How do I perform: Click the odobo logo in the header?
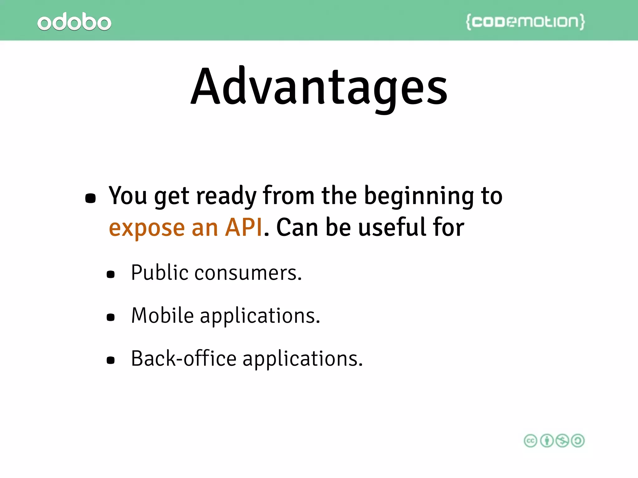pos(74,22)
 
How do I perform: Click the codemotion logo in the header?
pos(525,22)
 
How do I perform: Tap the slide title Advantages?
pos(319,87)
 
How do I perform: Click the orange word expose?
pos(147,228)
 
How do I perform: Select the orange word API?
pos(244,227)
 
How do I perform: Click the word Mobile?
pos(163,316)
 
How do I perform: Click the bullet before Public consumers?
pos(111,274)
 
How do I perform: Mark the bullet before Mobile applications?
pos(111,317)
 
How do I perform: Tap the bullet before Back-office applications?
pos(111,360)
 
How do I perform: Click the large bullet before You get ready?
pos(90,198)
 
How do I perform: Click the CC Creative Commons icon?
pos(531,441)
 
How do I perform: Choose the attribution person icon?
pos(547,441)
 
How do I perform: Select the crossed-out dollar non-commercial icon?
pos(562,441)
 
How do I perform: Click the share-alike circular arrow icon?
pos(578,441)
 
